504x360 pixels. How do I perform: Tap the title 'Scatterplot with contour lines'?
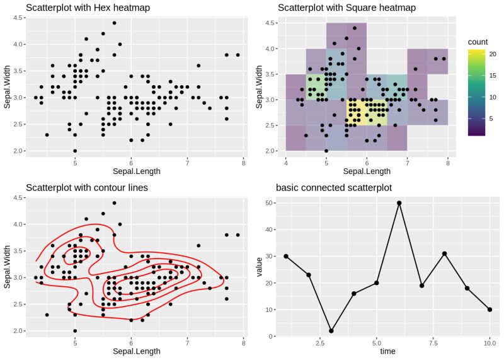click(87, 187)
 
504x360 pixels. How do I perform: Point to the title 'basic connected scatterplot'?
click(334, 187)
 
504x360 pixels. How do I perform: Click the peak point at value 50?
click(399, 203)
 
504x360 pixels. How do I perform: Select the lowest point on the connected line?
click(331, 331)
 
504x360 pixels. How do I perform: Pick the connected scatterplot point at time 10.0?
click(490, 310)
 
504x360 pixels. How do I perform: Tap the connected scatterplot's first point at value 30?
click(286, 256)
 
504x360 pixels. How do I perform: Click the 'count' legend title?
click(478, 42)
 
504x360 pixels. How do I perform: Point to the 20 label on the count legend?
click(493, 54)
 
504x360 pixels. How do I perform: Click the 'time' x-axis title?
click(388, 351)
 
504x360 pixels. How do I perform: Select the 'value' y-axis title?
click(259, 269)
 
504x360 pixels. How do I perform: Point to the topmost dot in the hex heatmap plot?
click(114, 23)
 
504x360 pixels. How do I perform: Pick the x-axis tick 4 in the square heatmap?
click(286, 162)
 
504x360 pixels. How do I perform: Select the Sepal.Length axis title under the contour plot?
click(136, 351)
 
